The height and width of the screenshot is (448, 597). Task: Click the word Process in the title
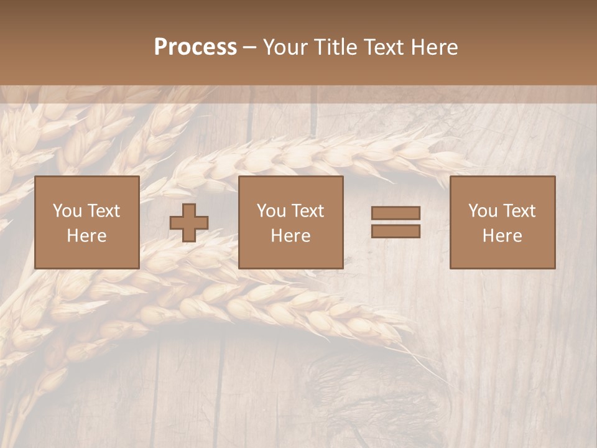tap(195, 47)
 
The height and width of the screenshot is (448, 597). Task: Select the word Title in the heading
tap(336, 47)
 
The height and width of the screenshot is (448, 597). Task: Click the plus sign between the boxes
tap(189, 223)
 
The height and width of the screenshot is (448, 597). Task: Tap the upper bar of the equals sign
tap(396, 213)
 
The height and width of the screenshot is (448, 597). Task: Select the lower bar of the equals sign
tap(396, 231)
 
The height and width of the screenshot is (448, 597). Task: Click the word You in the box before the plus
tap(67, 211)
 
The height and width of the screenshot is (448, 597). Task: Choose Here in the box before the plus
tap(86, 236)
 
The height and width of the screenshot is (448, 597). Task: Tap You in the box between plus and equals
tap(271, 211)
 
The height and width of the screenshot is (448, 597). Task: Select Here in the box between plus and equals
tap(290, 236)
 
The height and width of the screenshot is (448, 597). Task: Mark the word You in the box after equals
tap(483, 211)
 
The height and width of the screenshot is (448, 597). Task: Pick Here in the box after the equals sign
tap(502, 236)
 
